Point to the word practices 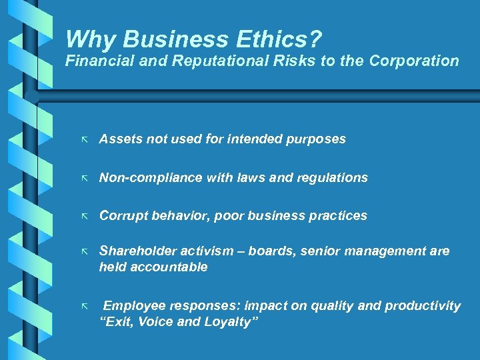coord(338,216)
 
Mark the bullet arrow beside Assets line coord(84,140)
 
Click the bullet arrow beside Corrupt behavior coord(84,217)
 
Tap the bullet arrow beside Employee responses coord(84,307)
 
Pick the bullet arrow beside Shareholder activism coord(84,252)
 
